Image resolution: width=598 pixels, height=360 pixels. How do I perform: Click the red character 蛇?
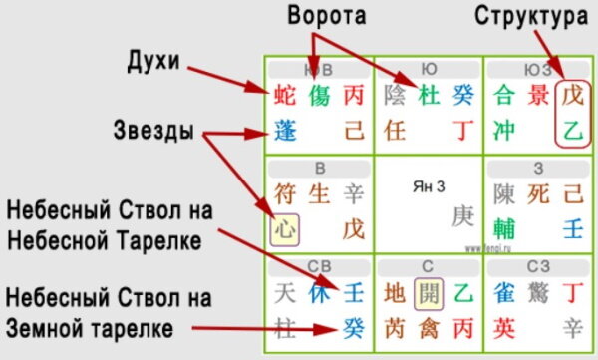(x=285, y=97)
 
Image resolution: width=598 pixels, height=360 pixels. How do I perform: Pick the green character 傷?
(x=319, y=97)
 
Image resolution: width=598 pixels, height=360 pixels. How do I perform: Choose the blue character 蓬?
(x=285, y=129)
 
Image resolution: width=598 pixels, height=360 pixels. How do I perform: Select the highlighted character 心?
(x=285, y=229)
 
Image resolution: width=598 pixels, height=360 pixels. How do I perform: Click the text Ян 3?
(x=429, y=184)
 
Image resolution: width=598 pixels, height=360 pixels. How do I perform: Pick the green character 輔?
(x=504, y=228)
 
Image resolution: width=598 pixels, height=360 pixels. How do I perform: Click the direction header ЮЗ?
(x=535, y=70)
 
